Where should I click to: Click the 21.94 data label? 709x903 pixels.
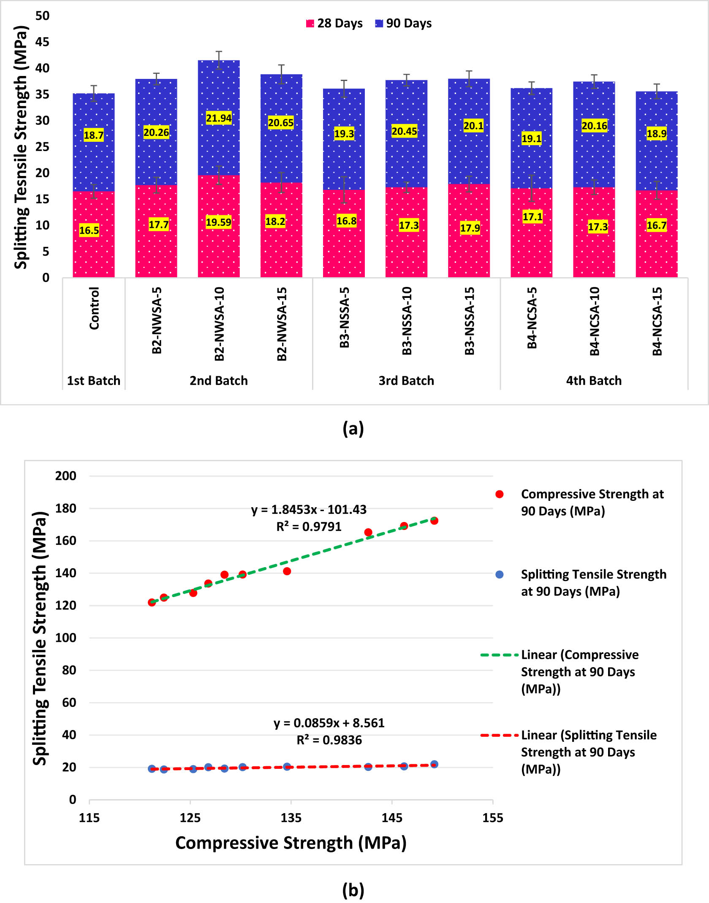(219, 118)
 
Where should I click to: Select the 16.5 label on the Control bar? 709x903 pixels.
(89, 230)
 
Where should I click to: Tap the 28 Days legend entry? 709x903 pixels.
(334, 24)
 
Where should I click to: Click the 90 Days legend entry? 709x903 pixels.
(403, 24)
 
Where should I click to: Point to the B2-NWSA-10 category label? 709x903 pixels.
(219, 324)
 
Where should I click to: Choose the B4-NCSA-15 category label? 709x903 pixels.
(657, 322)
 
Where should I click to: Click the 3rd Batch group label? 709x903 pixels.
(406, 381)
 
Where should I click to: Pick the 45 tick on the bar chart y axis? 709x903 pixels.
(42, 42)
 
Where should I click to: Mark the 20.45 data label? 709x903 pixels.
(404, 131)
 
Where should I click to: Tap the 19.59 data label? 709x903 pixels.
(218, 222)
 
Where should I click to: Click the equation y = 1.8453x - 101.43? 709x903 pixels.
(309, 510)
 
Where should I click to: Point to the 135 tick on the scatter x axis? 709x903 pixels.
(291, 818)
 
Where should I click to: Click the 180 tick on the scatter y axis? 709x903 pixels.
(65, 508)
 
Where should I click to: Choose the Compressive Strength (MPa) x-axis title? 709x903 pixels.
(291, 843)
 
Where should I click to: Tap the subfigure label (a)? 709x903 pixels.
(353, 428)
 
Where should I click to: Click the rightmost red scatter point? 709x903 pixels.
(434, 521)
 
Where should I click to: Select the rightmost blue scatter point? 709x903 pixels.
(434, 764)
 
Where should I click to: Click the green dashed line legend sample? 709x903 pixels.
(499, 655)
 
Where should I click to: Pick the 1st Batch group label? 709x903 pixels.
(94, 381)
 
